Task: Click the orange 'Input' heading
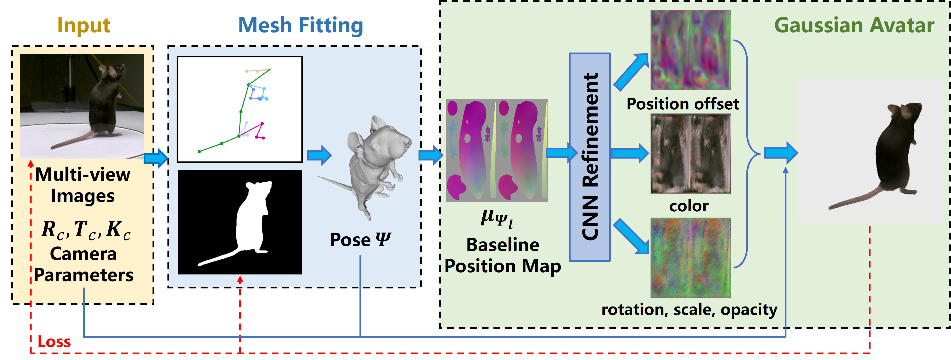pyautogui.click(x=84, y=26)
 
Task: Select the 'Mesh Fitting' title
pyautogui.click(x=300, y=26)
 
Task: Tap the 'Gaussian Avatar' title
pyautogui.click(x=854, y=26)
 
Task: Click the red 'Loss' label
pyautogui.click(x=54, y=341)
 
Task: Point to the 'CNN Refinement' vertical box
pyautogui.click(x=590, y=157)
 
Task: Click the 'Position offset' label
pyautogui.click(x=683, y=104)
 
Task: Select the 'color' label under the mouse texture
pyautogui.click(x=689, y=206)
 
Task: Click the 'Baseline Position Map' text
pyautogui.click(x=503, y=255)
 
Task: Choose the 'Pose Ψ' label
pyautogui.click(x=360, y=240)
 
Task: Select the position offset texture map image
pyautogui.click(x=690, y=50)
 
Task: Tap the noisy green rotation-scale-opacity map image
pyautogui.click(x=690, y=257)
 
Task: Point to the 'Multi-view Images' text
pyautogui.click(x=83, y=185)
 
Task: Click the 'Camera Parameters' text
pyautogui.click(x=83, y=264)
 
